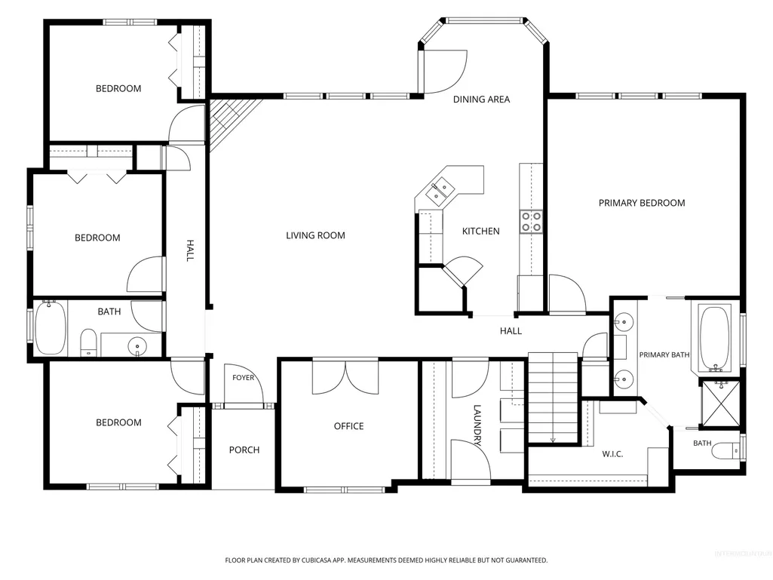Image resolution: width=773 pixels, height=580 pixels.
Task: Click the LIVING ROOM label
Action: click(315, 236)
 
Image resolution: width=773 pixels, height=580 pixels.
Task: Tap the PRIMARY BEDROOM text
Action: click(642, 203)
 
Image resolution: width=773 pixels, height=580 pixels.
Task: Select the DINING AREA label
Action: click(482, 99)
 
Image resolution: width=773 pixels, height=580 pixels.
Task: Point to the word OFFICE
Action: click(349, 426)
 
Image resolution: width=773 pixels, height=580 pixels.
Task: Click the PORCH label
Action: click(244, 450)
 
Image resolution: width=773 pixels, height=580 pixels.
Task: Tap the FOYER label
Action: click(244, 378)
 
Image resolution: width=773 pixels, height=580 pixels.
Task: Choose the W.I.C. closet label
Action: click(613, 454)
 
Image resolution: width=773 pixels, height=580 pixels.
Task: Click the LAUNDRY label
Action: click(477, 425)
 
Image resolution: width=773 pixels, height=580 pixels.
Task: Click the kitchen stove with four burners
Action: click(531, 222)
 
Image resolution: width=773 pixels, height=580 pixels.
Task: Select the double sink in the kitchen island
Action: click(440, 192)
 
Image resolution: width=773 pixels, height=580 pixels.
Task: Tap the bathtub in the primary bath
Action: click(715, 339)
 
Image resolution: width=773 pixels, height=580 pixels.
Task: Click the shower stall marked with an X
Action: click(720, 403)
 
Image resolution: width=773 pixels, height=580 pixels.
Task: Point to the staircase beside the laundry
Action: click(553, 397)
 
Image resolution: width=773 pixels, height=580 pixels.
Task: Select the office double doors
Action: click(345, 377)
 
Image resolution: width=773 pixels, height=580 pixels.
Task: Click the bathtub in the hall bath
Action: click(51, 327)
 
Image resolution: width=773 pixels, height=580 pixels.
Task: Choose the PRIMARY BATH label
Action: click(664, 354)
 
